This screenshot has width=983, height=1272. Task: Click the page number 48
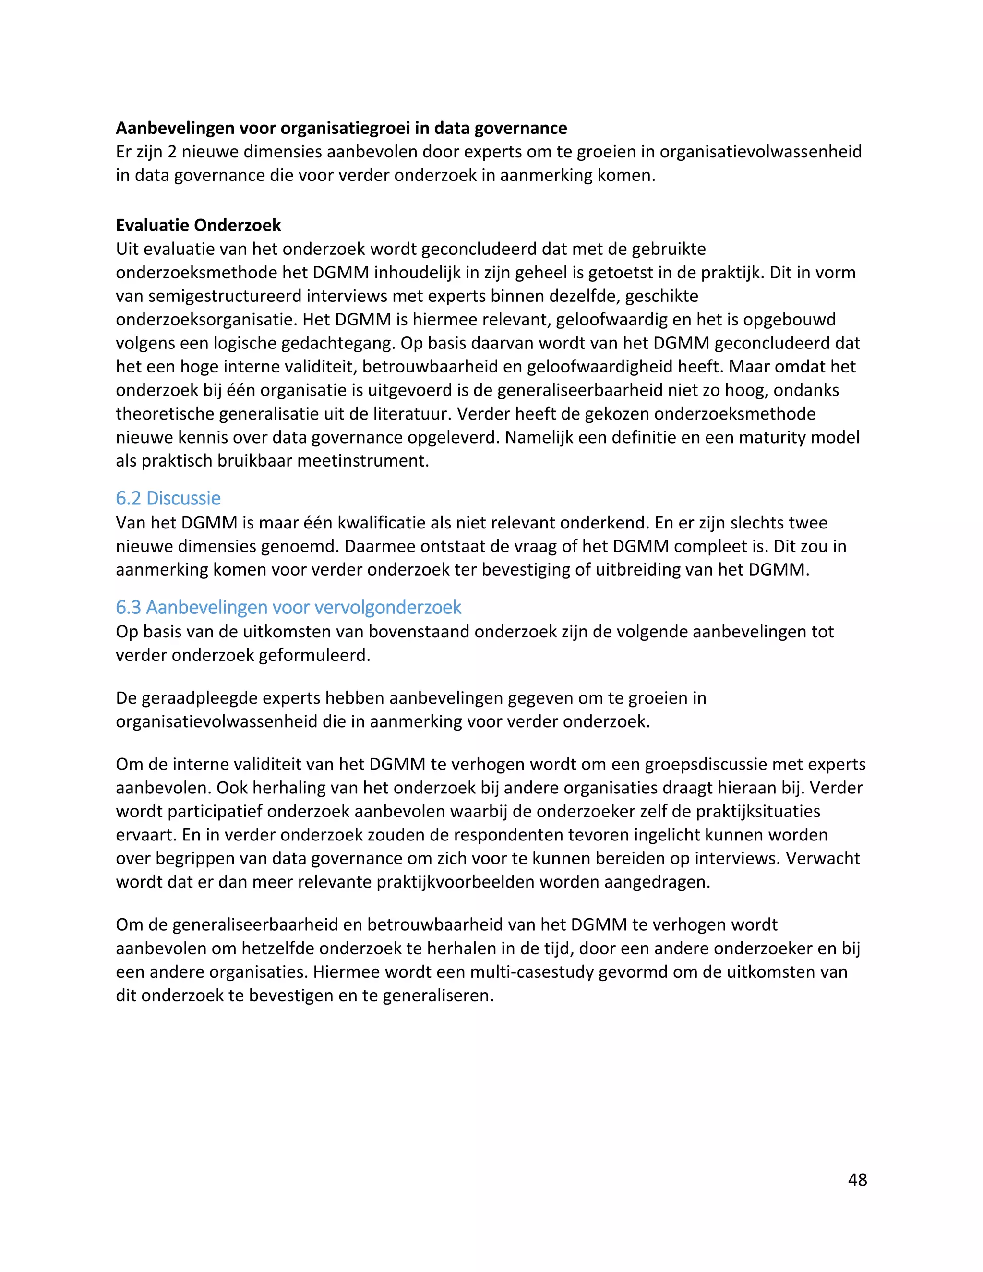click(857, 1179)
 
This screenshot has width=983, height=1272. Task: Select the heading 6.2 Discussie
click(168, 499)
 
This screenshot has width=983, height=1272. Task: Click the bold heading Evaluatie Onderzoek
click(198, 226)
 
